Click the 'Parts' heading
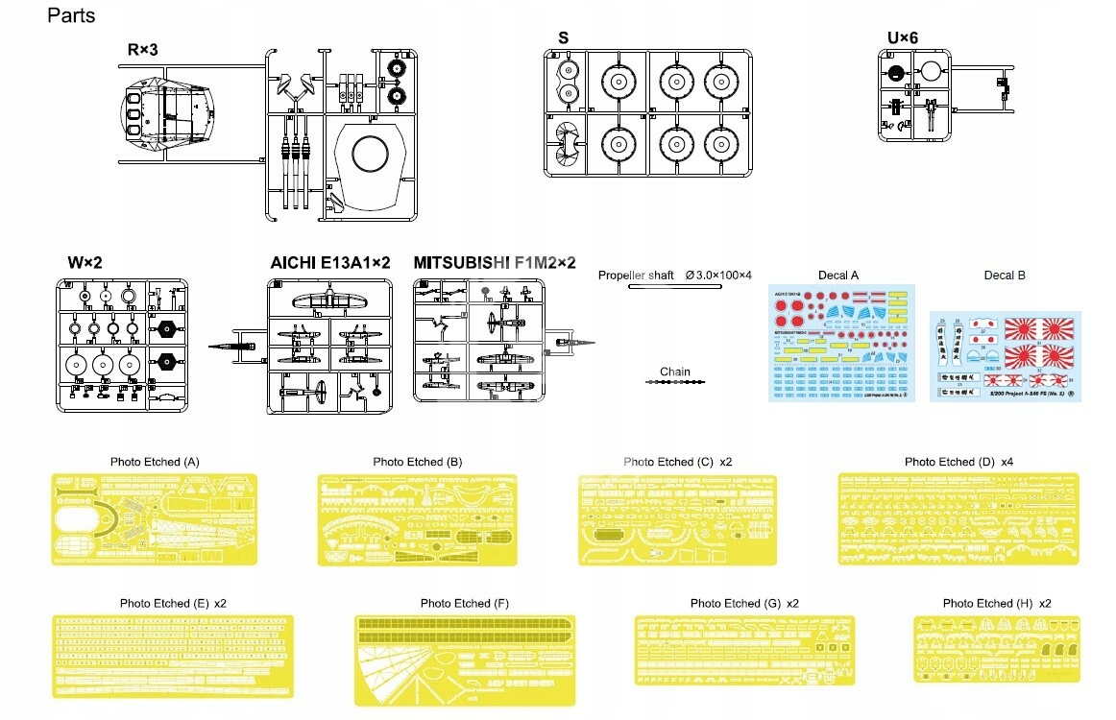(x=71, y=16)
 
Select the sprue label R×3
(x=142, y=49)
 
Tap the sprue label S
(x=564, y=37)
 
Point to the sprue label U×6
(x=904, y=37)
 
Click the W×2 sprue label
(x=85, y=262)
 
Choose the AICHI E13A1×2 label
(x=330, y=262)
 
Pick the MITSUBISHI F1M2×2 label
(x=494, y=262)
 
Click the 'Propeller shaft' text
(x=637, y=276)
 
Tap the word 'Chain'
(x=675, y=372)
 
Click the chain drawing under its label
(x=676, y=382)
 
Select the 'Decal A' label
(x=838, y=276)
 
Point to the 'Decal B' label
(x=1005, y=276)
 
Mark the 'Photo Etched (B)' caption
(x=418, y=462)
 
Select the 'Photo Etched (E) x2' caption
(x=173, y=603)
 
